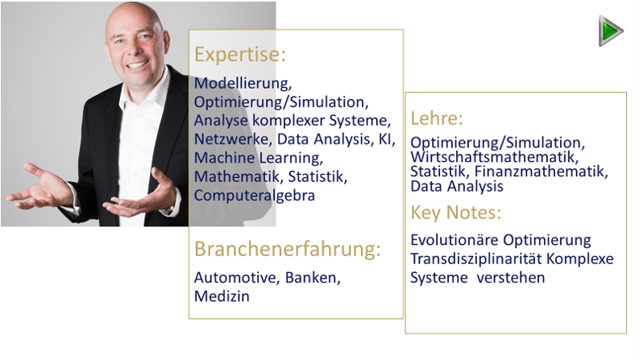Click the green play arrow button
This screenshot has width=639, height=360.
click(611, 31)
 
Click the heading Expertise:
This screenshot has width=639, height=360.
click(239, 55)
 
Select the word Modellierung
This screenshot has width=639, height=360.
click(243, 83)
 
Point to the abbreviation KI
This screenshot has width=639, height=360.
click(386, 139)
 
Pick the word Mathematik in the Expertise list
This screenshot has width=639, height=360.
click(239, 176)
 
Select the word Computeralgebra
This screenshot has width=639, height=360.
click(255, 196)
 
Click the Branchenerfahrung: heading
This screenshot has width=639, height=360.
click(288, 249)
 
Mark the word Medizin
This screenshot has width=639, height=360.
click(222, 296)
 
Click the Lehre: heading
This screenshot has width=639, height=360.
click(437, 118)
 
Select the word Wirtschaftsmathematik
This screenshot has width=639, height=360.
click(494, 157)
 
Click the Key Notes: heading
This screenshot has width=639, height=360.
click(455, 213)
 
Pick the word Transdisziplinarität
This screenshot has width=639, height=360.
click(476, 259)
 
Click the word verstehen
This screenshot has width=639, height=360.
click(511, 278)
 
